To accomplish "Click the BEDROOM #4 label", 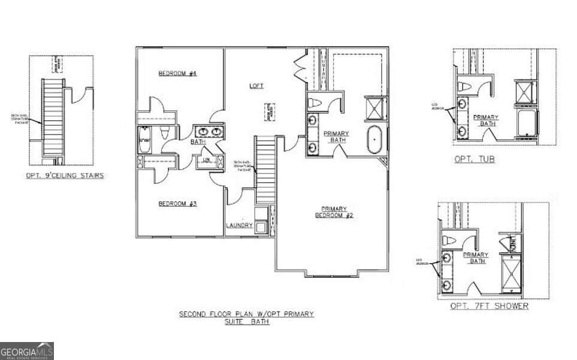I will (x=177, y=74).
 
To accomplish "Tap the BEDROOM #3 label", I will (x=177, y=204).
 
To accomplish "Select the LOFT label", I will (x=256, y=86).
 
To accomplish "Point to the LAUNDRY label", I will (x=239, y=226).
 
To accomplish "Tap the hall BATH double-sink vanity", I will (x=208, y=131).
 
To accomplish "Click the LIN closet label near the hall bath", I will (x=205, y=160).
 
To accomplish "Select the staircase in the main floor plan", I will (x=265, y=170).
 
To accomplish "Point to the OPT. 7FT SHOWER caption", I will (x=490, y=306).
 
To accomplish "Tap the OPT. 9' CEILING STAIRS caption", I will (x=65, y=176).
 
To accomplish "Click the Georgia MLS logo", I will (x=27, y=350).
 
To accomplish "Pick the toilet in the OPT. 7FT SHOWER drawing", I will (x=446, y=239).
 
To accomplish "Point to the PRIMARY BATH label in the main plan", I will (x=336, y=137).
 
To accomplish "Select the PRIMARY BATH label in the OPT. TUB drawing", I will (x=485, y=120).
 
